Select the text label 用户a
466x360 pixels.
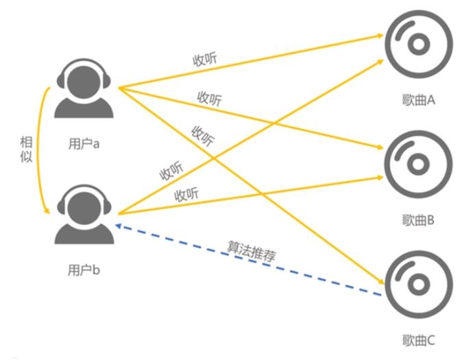click(84, 143)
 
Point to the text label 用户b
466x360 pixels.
click(84, 269)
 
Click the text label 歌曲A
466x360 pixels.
click(419, 100)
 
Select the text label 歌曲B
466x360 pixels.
click(419, 220)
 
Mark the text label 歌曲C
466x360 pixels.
click(419, 340)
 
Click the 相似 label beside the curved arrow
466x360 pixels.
click(27, 151)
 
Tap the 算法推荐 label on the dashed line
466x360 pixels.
click(251, 250)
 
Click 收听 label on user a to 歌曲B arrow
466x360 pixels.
click(209, 99)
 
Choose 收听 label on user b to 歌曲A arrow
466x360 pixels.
click(171, 171)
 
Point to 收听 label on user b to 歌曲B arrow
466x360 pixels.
click(186, 194)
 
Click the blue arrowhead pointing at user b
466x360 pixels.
click(120, 225)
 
